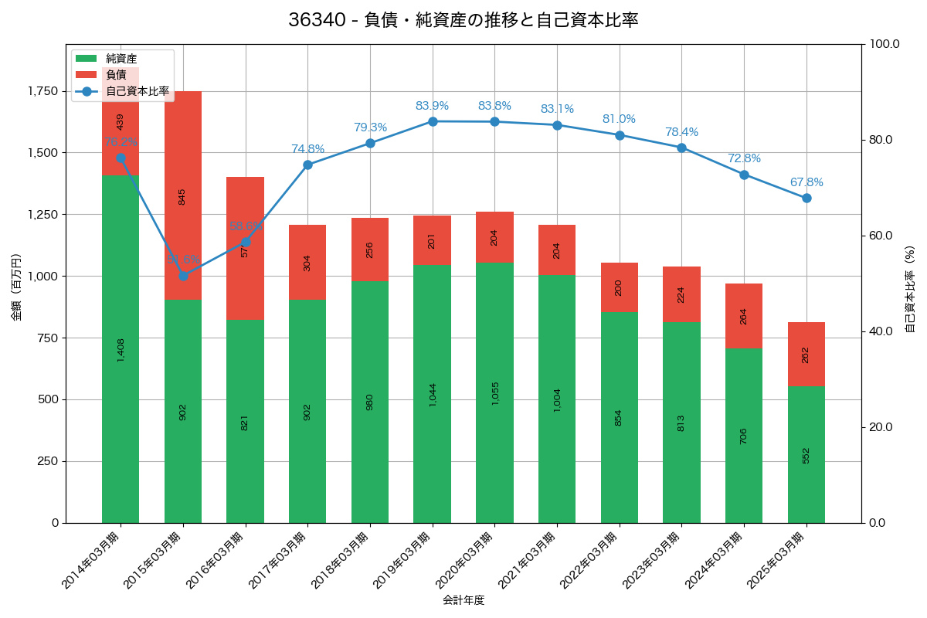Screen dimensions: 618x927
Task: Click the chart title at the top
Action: point(463,20)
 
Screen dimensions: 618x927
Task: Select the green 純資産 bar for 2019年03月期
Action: point(432,394)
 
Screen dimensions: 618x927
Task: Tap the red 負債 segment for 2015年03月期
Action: point(182,195)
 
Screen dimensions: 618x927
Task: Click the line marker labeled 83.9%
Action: point(433,121)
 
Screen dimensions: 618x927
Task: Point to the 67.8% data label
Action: point(806,182)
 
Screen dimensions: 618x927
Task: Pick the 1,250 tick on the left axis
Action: point(42,215)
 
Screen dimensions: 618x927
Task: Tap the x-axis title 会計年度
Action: point(463,600)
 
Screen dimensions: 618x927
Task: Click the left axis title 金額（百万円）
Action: point(16,287)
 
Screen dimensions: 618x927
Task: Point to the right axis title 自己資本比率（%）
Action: point(910,289)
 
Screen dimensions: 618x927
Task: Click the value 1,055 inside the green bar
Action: point(494,393)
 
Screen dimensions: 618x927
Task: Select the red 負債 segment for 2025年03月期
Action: point(806,354)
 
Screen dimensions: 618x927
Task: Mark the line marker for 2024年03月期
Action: point(744,175)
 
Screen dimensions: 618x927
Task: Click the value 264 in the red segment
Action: point(744,316)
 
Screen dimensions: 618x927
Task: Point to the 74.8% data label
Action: point(307,149)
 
